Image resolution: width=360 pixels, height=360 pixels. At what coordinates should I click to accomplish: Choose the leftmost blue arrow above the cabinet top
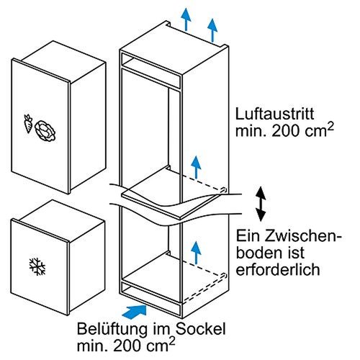tap(186, 18)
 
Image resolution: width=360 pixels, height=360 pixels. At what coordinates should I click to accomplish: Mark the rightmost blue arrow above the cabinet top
tap(212, 29)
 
